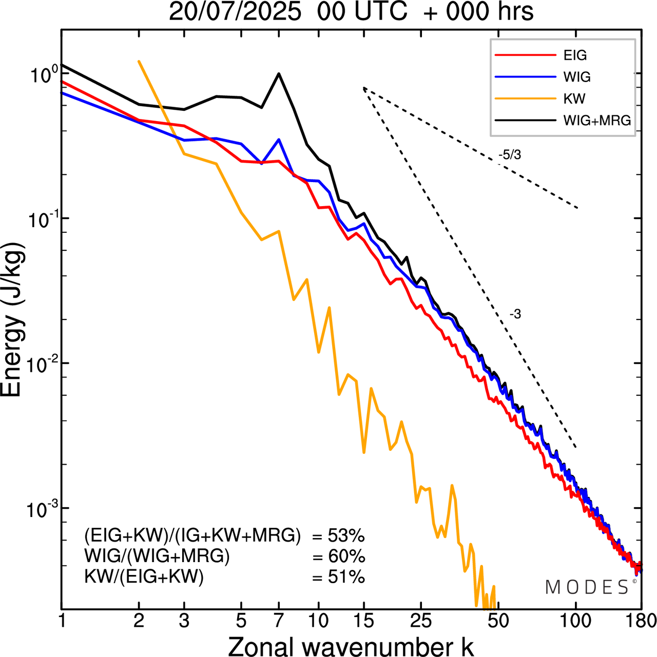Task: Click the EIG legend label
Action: click(x=575, y=55)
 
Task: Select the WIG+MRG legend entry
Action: click(x=597, y=121)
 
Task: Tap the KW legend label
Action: click(x=574, y=98)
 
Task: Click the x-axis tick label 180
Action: click(x=642, y=621)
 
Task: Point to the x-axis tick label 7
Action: click(x=279, y=621)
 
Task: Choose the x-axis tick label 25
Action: click(x=421, y=621)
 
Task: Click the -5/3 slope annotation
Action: click(x=510, y=155)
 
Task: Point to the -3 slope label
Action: click(x=515, y=314)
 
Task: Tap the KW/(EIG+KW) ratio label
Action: click(x=144, y=577)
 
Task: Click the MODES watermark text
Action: click(x=587, y=587)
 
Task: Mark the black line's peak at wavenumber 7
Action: click(x=279, y=73)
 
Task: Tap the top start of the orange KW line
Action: click(x=139, y=61)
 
